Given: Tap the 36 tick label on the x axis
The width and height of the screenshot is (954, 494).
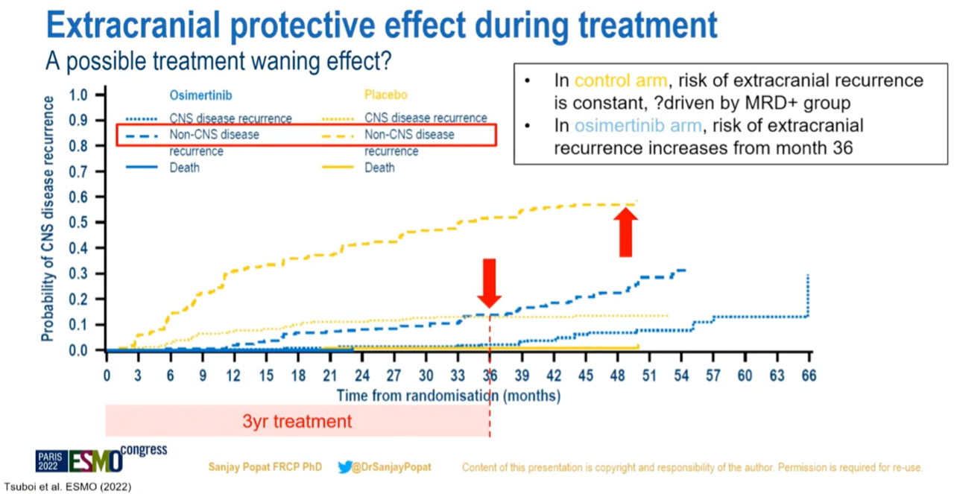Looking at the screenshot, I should click(x=490, y=376).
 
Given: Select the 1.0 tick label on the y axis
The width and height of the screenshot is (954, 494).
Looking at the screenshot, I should click(x=78, y=95).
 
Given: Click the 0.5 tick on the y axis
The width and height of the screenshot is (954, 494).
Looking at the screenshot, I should click(x=78, y=223).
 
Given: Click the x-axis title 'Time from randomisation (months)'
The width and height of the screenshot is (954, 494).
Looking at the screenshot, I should click(x=448, y=395).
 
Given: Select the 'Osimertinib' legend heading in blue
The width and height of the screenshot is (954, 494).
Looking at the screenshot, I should click(x=190, y=95).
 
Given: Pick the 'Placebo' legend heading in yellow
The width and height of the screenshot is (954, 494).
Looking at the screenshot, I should click(x=385, y=95).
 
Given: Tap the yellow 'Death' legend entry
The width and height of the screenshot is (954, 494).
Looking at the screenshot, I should click(x=380, y=168).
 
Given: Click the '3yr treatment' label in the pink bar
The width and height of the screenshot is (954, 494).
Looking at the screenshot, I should click(x=297, y=421).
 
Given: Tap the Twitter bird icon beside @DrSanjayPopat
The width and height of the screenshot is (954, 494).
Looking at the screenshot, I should click(x=344, y=467).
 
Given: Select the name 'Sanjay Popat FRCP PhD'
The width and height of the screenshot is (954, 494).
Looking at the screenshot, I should click(x=265, y=467).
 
